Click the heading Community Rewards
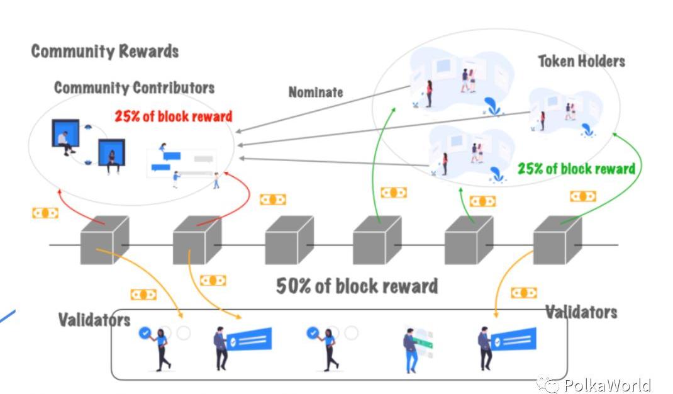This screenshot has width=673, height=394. pos(105,51)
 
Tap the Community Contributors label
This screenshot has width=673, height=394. pos(134,87)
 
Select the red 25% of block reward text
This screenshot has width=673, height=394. pos(173,116)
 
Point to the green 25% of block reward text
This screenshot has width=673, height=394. pos(576,169)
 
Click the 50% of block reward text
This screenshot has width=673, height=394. pos(357,286)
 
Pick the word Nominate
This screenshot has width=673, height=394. pos(316,92)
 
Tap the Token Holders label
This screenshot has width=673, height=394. pos(581,61)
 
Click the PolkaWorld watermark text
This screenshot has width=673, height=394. pos(607,385)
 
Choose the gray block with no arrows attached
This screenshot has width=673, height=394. pos(288,240)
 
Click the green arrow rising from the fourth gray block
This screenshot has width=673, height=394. pos(381,157)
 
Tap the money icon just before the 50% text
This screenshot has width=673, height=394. pos(213,280)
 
